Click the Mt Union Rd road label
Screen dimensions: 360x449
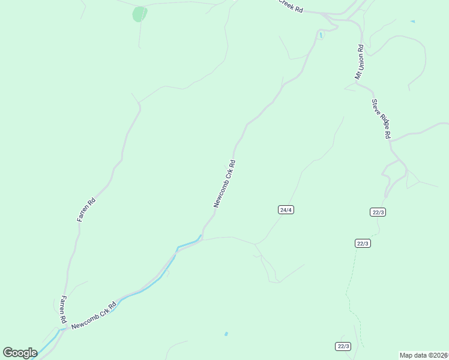coord(360,62)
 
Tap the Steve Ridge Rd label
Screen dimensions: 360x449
coord(381,119)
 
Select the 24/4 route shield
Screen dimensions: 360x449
coord(286,209)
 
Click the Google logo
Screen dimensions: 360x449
coord(19,353)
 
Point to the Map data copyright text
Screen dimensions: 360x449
coord(424,355)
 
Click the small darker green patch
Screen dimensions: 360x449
coord(139,14)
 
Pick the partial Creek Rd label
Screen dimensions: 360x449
coord(290,7)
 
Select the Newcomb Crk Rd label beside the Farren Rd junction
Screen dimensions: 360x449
coord(93,316)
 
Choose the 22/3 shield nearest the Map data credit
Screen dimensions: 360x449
coord(343,346)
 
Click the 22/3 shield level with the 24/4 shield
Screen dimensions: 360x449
coord(378,212)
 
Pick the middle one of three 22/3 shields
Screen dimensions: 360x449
coord(363,243)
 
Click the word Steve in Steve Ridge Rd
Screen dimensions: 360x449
coord(376,107)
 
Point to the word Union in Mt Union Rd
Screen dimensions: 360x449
coord(360,59)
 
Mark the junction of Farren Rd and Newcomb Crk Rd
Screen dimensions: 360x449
coord(61,329)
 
